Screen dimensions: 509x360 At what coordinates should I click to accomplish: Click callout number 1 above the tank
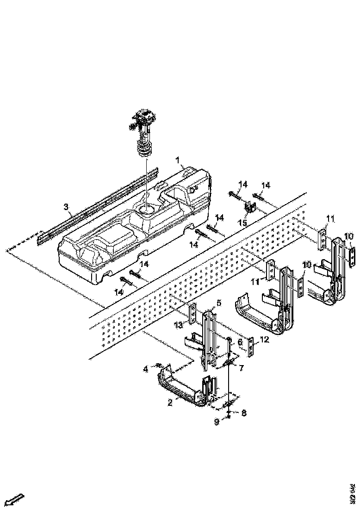coord(177,160)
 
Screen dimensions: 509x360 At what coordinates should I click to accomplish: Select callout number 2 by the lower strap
coord(170,403)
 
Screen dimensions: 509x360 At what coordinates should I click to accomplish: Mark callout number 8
coord(244,413)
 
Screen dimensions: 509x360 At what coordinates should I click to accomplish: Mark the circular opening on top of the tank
coord(146,211)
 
